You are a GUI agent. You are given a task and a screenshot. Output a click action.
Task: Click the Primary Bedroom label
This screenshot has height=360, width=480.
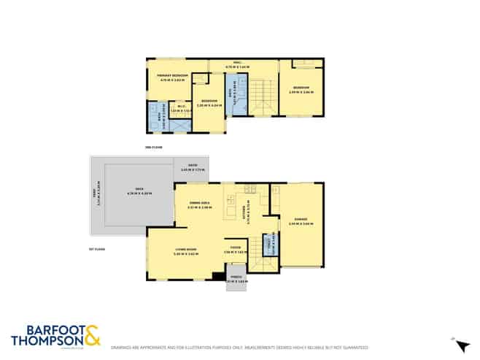point(174,75)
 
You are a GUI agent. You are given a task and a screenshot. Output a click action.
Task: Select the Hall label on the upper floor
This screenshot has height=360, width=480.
point(237,63)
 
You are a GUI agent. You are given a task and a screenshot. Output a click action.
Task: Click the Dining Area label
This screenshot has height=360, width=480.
point(199,204)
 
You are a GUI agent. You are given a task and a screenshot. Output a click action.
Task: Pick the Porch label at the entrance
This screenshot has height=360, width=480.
point(236,278)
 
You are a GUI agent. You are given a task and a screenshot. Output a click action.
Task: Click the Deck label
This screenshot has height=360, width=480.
point(131,191)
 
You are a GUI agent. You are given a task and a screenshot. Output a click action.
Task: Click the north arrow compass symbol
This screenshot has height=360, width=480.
point(455,342)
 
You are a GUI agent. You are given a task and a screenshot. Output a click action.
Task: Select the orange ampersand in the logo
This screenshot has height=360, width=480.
point(93,337)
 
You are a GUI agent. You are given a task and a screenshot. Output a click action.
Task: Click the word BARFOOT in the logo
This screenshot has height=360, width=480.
point(45,329)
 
